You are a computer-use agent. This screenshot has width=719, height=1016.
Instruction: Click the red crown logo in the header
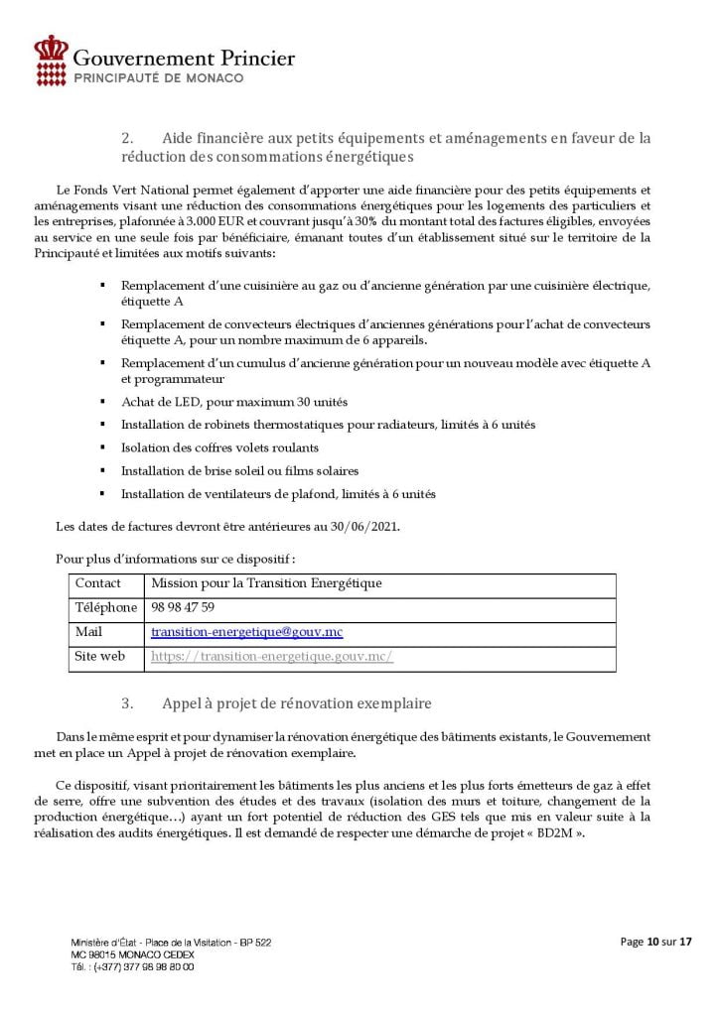pyautogui.click(x=51, y=59)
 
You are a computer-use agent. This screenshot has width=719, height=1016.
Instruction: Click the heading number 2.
pyautogui.click(x=127, y=138)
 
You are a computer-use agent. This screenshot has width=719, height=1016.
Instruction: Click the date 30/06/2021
pyautogui.click(x=364, y=526)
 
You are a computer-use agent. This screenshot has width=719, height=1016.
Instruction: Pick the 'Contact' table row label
pyautogui.click(x=98, y=583)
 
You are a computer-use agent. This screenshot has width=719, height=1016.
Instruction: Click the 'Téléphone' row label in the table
pyautogui.click(x=106, y=607)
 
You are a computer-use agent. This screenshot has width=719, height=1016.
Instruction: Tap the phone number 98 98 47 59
pyautogui.click(x=183, y=607)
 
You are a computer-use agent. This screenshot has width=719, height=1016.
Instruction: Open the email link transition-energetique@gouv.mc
pyautogui.click(x=247, y=632)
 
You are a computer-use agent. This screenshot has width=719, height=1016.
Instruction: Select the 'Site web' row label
pyautogui.click(x=100, y=656)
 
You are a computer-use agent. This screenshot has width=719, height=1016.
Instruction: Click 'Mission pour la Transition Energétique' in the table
pyautogui.click(x=266, y=583)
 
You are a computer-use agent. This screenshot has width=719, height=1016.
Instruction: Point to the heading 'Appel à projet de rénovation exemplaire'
pyautogui.click(x=297, y=704)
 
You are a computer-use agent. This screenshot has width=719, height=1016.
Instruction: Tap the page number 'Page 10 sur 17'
pyautogui.click(x=655, y=942)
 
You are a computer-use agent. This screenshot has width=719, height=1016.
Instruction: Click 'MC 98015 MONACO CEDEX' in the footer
pyautogui.click(x=132, y=953)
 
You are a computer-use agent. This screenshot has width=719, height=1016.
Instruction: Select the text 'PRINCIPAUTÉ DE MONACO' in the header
pyautogui.click(x=159, y=77)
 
